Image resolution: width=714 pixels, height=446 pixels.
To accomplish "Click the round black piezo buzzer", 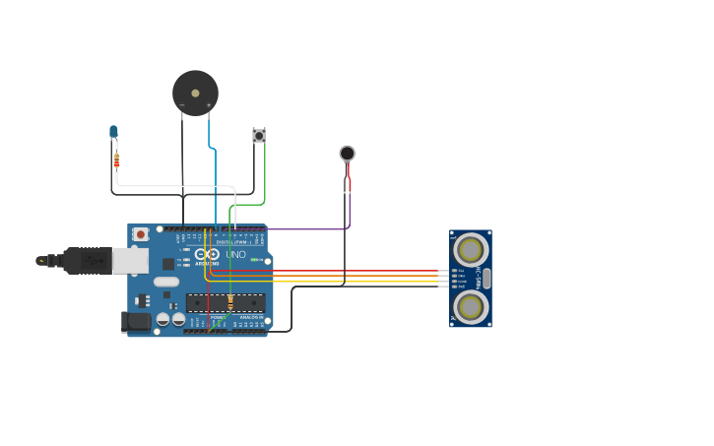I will [x=195, y=93].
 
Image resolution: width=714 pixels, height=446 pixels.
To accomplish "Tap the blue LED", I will [x=113, y=132].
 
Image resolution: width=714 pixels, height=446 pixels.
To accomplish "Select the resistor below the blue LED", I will [x=116, y=159].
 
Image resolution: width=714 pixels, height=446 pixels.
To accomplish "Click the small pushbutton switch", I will [x=259, y=135].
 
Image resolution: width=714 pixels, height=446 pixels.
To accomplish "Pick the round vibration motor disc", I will [x=347, y=153].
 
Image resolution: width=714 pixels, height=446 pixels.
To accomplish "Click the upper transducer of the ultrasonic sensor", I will [x=471, y=247].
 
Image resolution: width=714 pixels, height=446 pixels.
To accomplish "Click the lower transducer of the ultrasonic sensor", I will [x=471, y=307].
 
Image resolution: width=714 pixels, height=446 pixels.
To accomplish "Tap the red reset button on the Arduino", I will [x=141, y=234].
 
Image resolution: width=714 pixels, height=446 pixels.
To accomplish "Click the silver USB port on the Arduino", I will [x=129, y=260].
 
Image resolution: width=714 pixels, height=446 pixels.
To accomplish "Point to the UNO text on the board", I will [x=235, y=254].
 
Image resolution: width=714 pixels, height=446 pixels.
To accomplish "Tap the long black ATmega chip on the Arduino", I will [x=227, y=302].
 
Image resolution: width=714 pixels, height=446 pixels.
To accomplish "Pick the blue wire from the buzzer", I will [x=216, y=187].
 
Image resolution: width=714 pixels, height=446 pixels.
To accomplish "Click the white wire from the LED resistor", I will [x=177, y=186].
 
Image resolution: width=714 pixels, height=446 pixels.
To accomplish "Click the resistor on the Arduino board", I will [x=230, y=301].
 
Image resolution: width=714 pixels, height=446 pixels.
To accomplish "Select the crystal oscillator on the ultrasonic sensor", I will [x=487, y=279].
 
